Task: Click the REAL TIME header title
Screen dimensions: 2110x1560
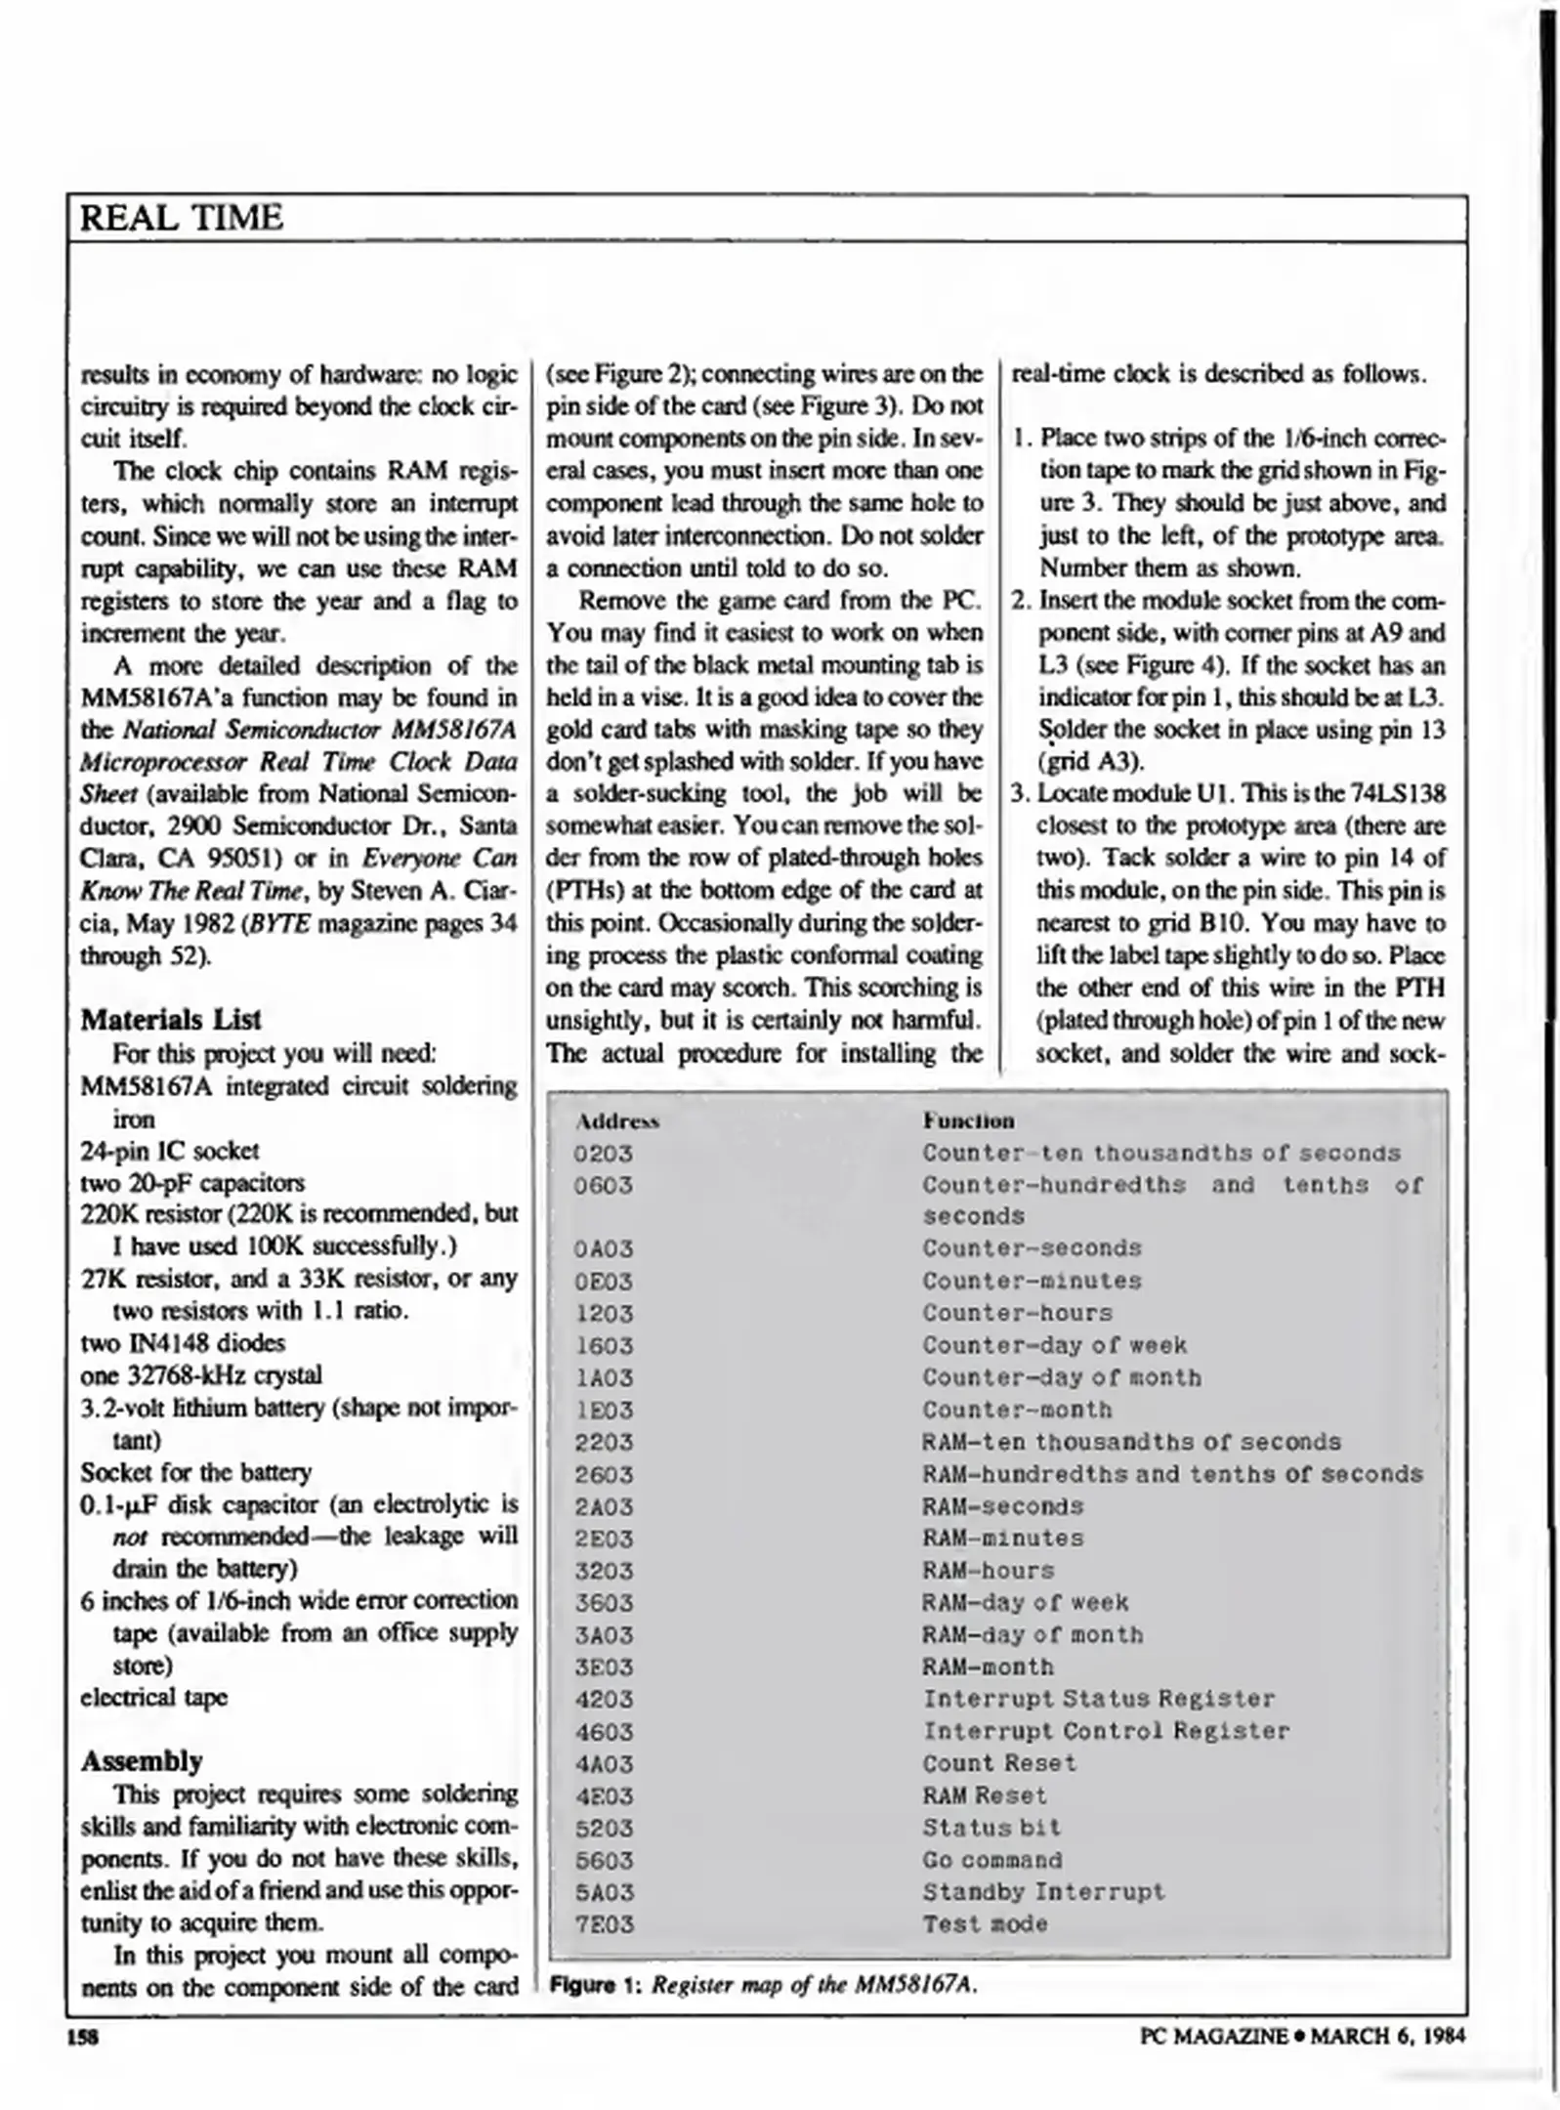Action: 181,217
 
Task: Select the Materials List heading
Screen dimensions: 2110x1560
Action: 170,1020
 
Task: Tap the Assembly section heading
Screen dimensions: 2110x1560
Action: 142,1760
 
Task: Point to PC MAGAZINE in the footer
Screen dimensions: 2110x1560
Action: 1213,2036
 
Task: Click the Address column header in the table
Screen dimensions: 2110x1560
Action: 617,1121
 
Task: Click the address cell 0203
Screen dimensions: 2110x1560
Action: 604,1154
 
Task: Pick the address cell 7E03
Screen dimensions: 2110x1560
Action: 604,1924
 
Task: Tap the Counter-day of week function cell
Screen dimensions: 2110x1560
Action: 1054,1345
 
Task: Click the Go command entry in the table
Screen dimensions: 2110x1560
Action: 991,1860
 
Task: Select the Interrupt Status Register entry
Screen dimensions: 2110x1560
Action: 1098,1699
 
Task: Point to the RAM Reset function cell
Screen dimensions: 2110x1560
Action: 984,1795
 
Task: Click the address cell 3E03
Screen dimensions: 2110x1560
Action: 604,1667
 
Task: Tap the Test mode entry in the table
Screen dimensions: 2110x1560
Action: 985,1924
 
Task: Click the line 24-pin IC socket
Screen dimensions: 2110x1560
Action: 170,1151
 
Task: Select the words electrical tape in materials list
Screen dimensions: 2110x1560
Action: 153,1697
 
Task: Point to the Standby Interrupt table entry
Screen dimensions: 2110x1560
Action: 1043,1892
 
